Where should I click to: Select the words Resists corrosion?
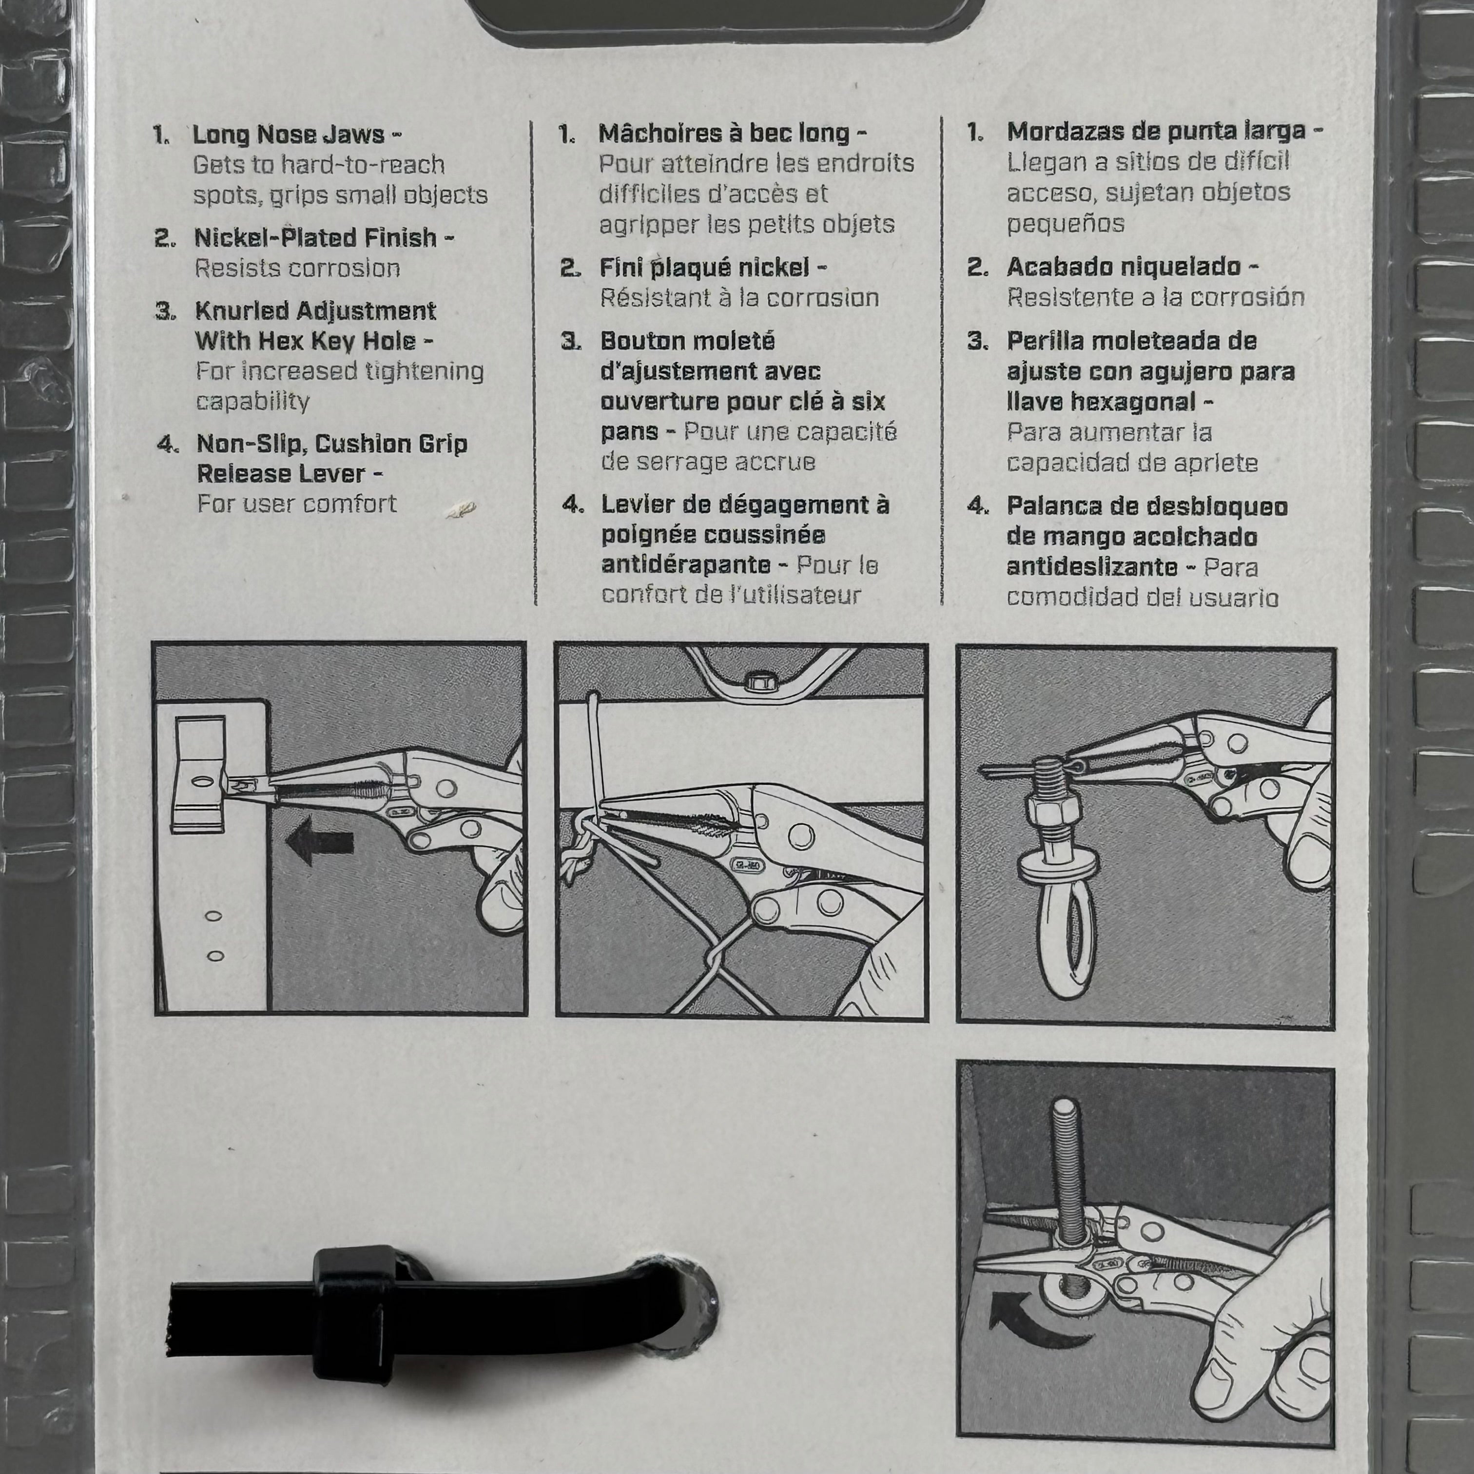(297, 269)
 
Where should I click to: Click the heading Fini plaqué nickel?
(704, 267)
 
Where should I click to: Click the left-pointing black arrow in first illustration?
(320, 841)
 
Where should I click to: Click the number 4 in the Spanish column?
(977, 506)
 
